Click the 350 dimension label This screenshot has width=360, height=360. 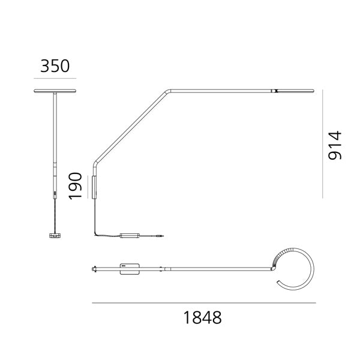(x=55, y=65)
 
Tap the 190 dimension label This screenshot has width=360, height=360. (x=76, y=186)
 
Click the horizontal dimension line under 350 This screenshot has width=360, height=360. (x=55, y=78)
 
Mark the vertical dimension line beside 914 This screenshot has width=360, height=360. (x=322, y=144)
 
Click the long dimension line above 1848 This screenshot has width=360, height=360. (x=203, y=304)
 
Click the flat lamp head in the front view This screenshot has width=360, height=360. (x=55, y=91)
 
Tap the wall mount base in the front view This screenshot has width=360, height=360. (x=55, y=236)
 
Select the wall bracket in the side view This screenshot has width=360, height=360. (x=94, y=187)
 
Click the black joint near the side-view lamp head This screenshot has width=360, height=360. (x=274, y=91)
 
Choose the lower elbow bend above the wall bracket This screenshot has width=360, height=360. (x=94, y=163)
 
